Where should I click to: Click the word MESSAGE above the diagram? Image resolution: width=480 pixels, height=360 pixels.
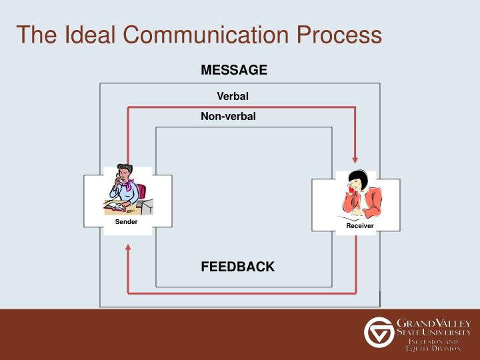tap(234, 70)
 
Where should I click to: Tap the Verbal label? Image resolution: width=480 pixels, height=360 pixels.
tap(233, 97)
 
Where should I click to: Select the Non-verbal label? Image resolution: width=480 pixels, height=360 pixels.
tap(228, 117)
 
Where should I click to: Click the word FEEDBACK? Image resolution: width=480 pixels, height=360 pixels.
tap(237, 267)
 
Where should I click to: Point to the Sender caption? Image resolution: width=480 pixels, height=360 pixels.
tap(126, 222)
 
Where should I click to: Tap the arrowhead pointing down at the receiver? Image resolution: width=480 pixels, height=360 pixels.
tap(355, 159)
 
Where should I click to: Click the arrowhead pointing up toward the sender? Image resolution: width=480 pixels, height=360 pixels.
tap(128, 248)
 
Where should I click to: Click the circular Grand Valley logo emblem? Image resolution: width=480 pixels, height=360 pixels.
tap(378, 331)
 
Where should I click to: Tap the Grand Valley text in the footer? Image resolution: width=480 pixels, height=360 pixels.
tap(434, 323)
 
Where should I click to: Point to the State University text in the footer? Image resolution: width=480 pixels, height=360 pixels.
tap(434, 332)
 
